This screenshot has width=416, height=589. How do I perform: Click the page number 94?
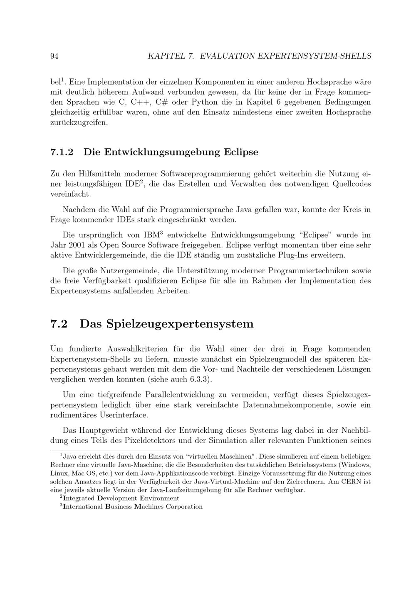pyautogui.click(x=54, y=56)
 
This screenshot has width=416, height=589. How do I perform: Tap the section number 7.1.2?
pyautogui.click(x=62, y=152)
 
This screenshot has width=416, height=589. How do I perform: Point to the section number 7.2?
pyautogui.click(x=59, y=324)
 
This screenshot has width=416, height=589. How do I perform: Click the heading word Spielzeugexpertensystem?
pyautogui.click(x=166, y=324)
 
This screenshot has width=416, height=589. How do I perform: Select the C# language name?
pyautogui.click(x=161, y=102)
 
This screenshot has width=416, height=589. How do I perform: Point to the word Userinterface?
pyautogui.click(x=124, y=415)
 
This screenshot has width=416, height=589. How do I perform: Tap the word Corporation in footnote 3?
pyautogui.click(x=184, y=507)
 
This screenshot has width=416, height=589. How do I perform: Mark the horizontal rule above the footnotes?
pyautogui.click(x=114, y=450)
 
